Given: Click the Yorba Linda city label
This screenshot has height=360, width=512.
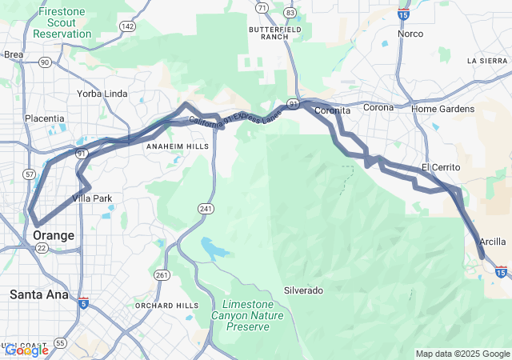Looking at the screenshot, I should (x=102, y=94).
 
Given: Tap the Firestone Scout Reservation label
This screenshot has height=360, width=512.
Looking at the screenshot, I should (x=62, y=23).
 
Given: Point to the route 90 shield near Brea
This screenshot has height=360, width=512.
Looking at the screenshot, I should (x=45, y=62).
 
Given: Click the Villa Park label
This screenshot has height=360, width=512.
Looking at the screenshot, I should (x=92, y=198).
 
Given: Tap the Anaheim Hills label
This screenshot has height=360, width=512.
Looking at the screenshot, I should (x=177, y=147).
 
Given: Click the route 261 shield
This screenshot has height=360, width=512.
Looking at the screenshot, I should (x=162, y=275).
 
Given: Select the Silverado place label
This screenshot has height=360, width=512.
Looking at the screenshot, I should (x=303, y=290).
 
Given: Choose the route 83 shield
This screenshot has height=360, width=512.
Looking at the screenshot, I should (x=290, y=13).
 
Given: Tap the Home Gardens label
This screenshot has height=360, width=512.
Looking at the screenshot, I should (x=442, y=109).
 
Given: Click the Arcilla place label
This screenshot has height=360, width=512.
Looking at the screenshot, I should (x=492, y=242).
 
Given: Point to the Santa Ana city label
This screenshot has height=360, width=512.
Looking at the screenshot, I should (x=39, y=294).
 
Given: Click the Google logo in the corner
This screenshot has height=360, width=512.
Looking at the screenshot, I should (x=26, y=350).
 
